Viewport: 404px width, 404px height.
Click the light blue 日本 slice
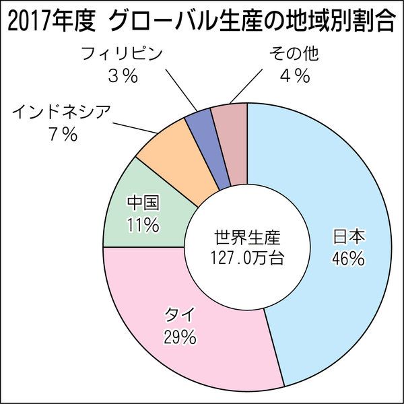337,202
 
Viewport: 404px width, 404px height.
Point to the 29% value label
179,337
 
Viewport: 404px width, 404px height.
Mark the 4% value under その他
294,76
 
